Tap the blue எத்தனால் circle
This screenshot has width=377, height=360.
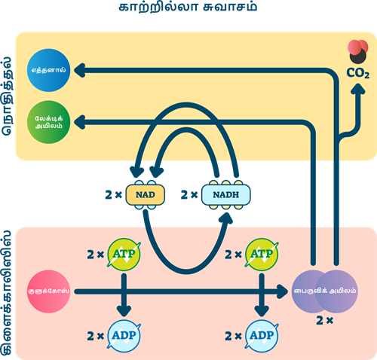coord(48,70)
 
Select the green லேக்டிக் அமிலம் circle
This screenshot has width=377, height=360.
coord(48,121)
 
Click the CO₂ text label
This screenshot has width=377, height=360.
coord(357,74)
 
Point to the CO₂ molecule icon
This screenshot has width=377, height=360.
coord(357,52)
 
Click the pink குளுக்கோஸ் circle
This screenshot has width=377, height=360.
coord(47,289)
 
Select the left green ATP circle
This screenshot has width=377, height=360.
coord(124,254)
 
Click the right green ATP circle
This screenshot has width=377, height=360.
coord(262,254)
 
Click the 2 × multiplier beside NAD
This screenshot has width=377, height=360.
coord(111,194)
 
